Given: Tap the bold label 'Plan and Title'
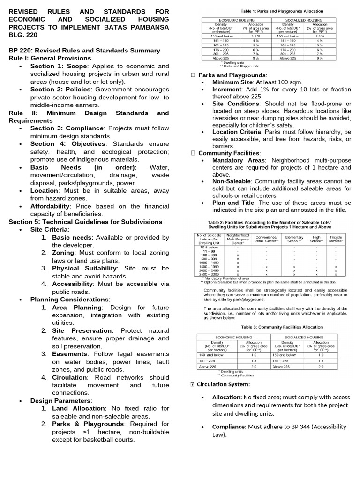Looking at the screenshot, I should [230, 202].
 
